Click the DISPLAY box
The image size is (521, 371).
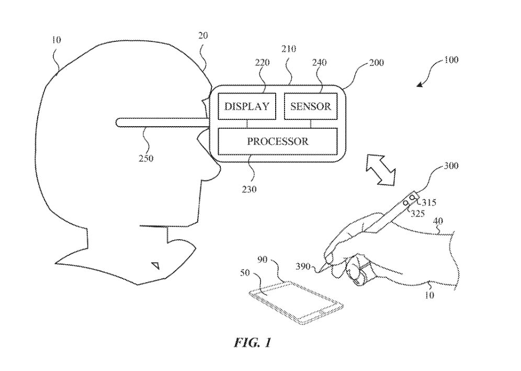[247, 107]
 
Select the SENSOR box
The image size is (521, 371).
[310, 107]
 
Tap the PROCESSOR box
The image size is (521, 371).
[277, 141]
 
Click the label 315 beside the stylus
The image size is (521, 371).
[428, 202]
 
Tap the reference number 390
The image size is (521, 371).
[305, 266]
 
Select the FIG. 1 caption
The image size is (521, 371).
[253, 344]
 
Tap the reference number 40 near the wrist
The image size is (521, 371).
[440, 221]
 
